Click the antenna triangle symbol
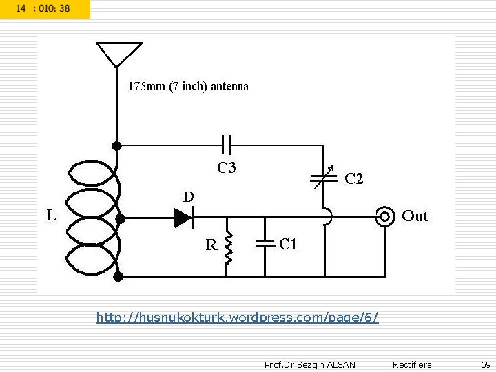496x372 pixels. (x=118, y=53)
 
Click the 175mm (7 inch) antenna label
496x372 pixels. (x=188, y=87)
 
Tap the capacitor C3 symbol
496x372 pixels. (x=227, y=145)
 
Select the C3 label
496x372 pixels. (x=227, y=167)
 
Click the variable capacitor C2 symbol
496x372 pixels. (x=323, y=177)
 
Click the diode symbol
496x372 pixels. (x=183, y=218)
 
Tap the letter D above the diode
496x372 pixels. (x=188, y=196)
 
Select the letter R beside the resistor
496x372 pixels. (x=211, y=245)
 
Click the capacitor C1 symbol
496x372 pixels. (x=265, y=243)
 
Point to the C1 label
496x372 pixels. (x=288, y=244)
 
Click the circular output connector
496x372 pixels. (x=384, y=217)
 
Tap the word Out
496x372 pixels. (x=415, y=216)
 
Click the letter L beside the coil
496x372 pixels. (x=52, y=215)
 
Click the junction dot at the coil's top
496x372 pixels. (x=117, y=145)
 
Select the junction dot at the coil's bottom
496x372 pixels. (x=118, y=276)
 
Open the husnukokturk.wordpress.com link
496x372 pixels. (x=237, y=318)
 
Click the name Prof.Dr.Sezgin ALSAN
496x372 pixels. (x=309, y=364)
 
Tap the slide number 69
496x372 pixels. (x=486, y=364)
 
